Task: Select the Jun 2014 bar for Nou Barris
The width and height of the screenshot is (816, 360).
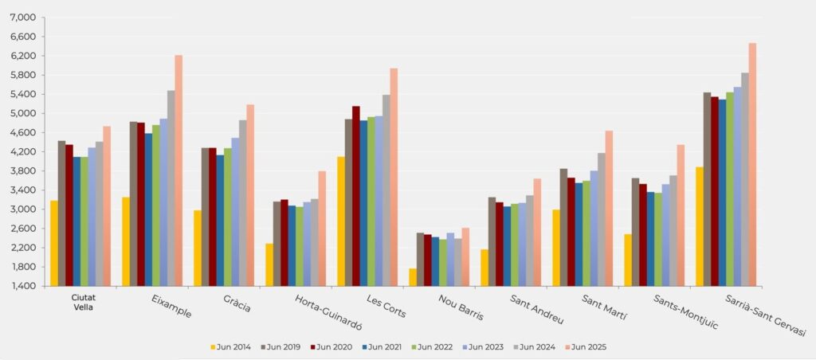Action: (x=412, y=277)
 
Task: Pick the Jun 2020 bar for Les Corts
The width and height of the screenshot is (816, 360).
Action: (x=356, y=196)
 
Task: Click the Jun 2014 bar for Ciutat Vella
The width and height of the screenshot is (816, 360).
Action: (x=53, y=243)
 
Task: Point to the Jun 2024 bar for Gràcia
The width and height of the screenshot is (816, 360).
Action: (x=243, y=203)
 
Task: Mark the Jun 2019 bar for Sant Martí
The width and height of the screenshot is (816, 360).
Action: (x=563, y=227)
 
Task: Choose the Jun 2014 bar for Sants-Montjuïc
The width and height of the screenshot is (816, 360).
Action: (x=628, y=260)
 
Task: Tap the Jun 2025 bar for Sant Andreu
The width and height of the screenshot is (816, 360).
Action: (x=537, y=232)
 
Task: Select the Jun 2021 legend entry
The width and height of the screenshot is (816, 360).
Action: (x=382, y=346)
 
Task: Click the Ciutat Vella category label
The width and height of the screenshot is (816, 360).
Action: (x=83, y=303)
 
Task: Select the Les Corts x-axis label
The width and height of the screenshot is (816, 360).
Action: (x=386, y=307)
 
